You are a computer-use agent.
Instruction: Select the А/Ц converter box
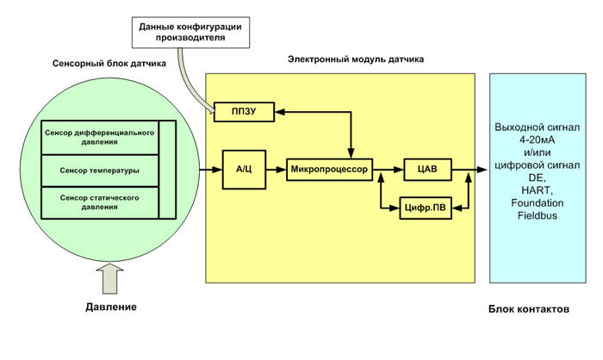242,170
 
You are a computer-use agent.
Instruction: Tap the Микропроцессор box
328,170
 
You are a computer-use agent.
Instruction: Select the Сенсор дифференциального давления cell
101,138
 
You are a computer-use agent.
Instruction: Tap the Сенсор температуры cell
101,170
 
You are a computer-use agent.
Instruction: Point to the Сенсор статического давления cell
101,202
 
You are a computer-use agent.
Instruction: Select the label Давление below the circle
111,307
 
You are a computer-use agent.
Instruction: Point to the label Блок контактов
528,308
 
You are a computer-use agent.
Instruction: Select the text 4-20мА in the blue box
538,140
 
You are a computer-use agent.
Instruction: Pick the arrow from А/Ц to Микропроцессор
275,170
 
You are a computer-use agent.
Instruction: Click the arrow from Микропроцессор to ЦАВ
387,170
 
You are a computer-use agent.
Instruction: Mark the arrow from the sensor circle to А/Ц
210,170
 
